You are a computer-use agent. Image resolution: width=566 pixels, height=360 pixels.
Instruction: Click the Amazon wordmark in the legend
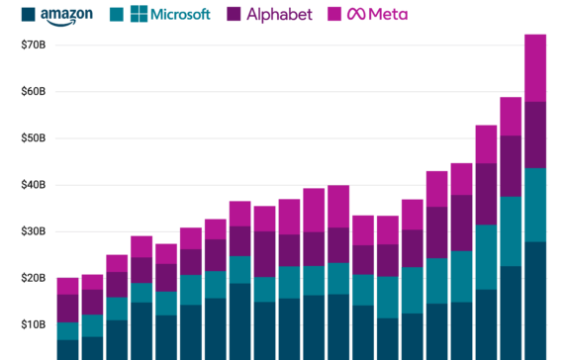click(67, 15)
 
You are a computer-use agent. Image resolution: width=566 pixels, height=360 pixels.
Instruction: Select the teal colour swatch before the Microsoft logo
click(117, 15)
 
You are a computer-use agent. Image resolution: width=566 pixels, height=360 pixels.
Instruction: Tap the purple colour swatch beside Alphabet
click(235, 15)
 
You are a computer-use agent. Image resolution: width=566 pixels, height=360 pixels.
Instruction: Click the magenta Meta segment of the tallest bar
click(535, 67)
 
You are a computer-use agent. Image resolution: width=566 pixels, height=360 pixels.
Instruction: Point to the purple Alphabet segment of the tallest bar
click(535, 135)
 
